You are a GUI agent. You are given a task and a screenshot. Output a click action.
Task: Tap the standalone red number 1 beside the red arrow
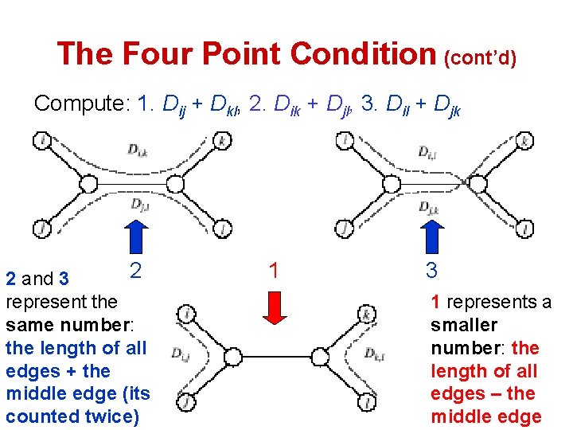[x=274, y=270]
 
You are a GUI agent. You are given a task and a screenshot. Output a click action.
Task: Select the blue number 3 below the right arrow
[x=431, y=270]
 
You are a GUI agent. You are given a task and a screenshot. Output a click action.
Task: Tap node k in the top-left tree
[x=224, y=141]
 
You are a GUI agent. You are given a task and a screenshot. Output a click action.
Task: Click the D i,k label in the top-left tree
[x=137, y=149]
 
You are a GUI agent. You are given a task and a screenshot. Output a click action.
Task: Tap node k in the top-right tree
[x=524, y=141]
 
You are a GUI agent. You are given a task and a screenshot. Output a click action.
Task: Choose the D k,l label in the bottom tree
[x=376, y=353]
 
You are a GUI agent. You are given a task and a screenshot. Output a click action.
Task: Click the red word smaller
[x=464, y=325]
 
